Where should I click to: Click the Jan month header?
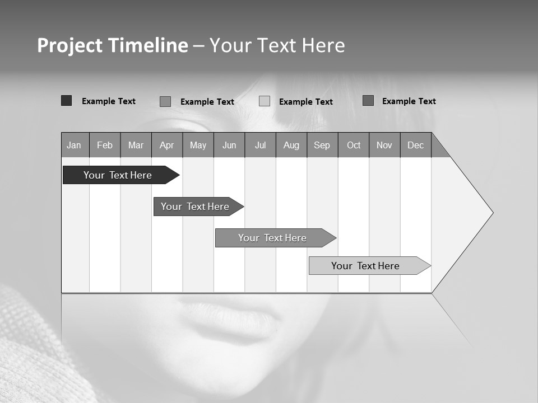[75, 145]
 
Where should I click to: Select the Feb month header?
[105, 145]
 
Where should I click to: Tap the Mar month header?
[136, 145]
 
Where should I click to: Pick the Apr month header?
[167, 145]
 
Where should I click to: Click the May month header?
[198, 145]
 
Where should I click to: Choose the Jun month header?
[229, 145]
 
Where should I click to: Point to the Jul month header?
[260, 145]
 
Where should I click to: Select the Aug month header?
[291, 145]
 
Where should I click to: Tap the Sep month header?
[322, 145]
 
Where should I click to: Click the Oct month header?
[354, 145]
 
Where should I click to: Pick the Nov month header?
[384, 145]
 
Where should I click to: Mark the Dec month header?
[416, 145]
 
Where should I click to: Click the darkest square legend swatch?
[67, 101]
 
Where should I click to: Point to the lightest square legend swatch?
[265, 101]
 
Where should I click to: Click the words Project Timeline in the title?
[113, 45]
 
